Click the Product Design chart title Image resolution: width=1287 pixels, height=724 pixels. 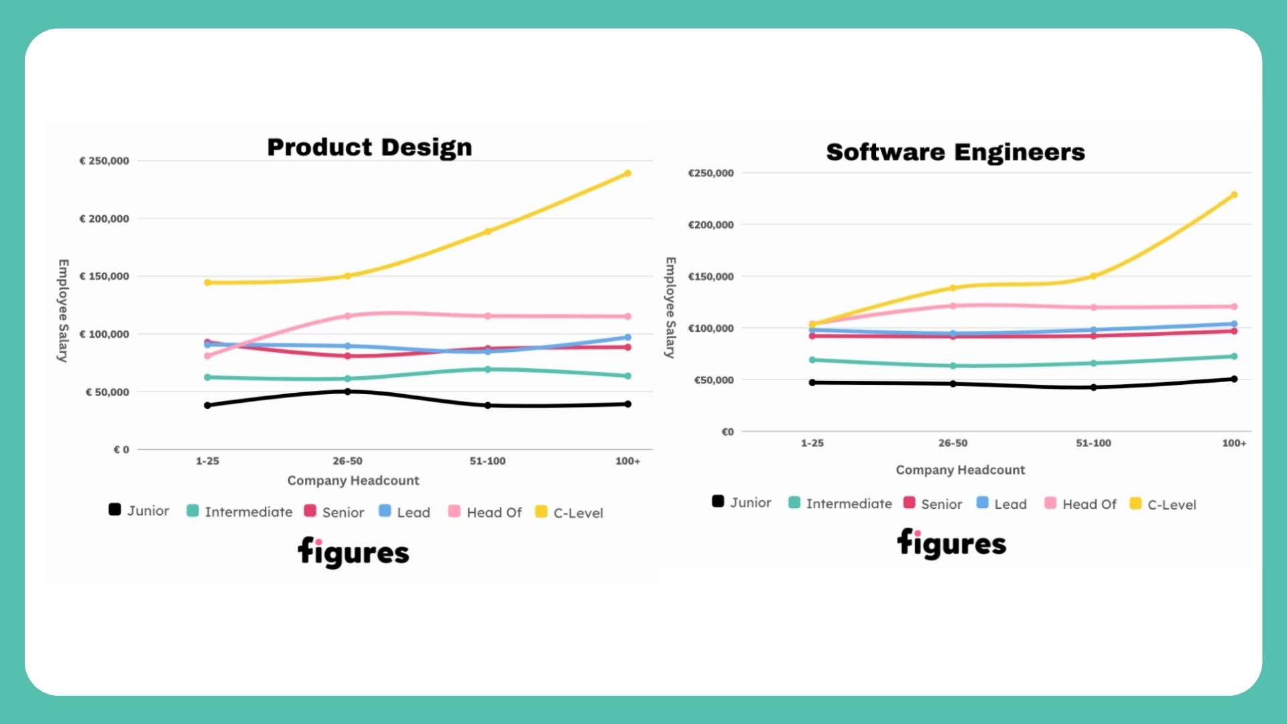coord(369,147)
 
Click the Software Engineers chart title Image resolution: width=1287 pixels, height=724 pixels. coord(955,152)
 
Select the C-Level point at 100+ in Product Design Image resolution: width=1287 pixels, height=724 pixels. coord(627,174)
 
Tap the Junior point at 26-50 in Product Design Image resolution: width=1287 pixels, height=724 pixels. coord(347,391)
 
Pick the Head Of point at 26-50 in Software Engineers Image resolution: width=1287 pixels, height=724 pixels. coord(953,306)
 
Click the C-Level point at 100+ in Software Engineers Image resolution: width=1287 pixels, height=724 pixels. coord(1234,195)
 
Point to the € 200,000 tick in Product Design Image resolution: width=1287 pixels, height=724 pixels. coord(104,219)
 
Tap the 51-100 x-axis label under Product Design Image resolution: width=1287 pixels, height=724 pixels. coord(487,461)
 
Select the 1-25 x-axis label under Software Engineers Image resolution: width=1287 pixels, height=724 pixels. coord(812,443)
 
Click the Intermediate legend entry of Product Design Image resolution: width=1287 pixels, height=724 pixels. coord(240,512)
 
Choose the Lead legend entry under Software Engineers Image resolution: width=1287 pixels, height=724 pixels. coord(1002,504)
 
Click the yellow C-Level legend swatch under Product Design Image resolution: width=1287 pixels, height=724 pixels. coord(541,512)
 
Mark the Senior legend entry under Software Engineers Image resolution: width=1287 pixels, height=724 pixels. coord(933,504)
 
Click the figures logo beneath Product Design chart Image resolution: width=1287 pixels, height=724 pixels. coord(353,552)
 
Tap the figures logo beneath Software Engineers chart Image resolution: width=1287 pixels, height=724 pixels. coord(951,544)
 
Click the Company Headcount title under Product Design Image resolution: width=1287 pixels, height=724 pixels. coord(353,481)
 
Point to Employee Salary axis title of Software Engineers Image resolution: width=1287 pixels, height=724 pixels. coord(670,308)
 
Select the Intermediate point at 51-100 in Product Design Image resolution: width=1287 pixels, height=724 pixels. coord(487,369)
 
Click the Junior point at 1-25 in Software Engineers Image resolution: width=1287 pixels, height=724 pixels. coord(812,383)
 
